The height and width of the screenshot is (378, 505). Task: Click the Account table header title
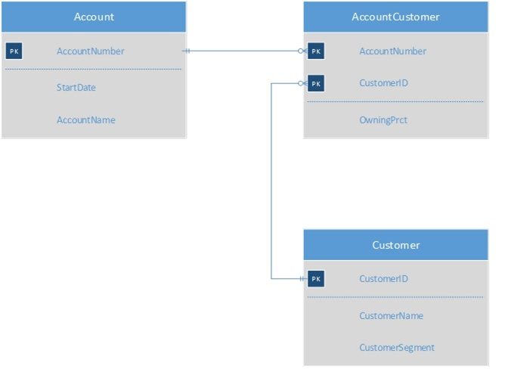pos(94,17)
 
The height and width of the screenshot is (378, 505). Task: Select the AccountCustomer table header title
pos(395,17)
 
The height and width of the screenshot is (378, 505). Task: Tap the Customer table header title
pos(396,245)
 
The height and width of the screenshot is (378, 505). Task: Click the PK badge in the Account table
pos(14,51)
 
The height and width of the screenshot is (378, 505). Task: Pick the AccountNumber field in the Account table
pos(91,51)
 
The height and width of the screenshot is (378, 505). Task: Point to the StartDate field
pos(76,87)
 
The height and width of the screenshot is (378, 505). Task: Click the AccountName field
pos(86,119)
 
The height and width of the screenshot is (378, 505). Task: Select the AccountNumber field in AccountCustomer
pos(392,51)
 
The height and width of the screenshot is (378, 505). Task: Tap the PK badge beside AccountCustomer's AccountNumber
pos(316,51)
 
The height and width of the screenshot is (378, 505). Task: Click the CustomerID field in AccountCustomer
pos(383,83)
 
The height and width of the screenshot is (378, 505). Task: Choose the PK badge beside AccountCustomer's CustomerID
pos(316,83)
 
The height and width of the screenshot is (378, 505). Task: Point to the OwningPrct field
pos(383,120)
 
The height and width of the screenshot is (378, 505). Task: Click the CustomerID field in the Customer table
pos(383,278)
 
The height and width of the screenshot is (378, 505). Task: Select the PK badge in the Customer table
pos(316,278)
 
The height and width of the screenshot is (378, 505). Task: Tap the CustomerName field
pos(392,315)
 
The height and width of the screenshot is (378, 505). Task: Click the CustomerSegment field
pos(397,348)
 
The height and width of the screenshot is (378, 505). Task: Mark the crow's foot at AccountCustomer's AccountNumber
pos(302,51)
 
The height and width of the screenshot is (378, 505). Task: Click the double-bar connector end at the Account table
pos(187,51)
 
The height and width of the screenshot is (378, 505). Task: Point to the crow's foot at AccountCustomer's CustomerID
pos(302,83)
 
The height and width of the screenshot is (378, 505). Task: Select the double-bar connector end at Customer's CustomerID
pos(302,278)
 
